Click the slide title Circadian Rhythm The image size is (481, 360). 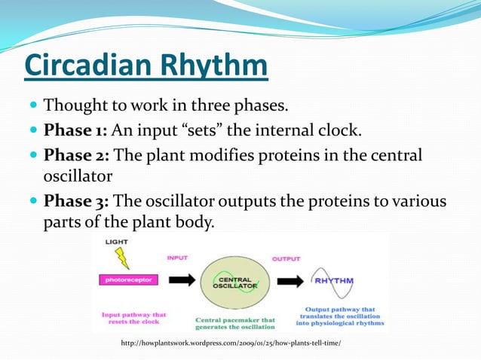point(146,65)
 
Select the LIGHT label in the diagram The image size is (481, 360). point(117,242)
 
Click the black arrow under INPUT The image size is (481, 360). point(182,280)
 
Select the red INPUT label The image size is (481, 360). point(178,258)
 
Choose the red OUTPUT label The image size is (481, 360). point(286,258)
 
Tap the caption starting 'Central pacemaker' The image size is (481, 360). point(235,323)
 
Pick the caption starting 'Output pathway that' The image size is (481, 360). point(340,316)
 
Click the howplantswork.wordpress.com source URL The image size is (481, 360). point(231,343)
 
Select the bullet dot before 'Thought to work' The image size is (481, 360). point(33,103)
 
